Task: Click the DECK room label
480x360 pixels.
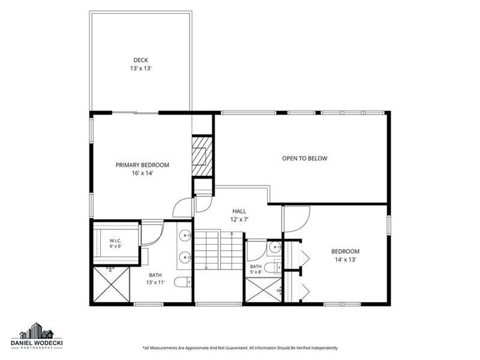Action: pyautogui.click(x=140, y=61)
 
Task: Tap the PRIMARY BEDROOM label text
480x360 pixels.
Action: pyautogui.click(x=142, y=165)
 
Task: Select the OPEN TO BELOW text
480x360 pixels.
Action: pyautogui.click(x=305, y=158)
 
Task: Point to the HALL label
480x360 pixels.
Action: pyautogui.click(x=239, y=211)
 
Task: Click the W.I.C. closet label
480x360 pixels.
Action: pyautogui.click(x=115, y=241)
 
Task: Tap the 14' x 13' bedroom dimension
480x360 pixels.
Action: pyautogui.click(x=346, y=260)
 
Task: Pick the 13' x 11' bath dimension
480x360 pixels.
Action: pyautogui.click(x=155, y=282)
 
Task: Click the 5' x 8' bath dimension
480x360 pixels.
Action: pyautogui.click(x=256, y=272)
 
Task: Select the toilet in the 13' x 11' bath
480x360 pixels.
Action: pyautogui.click(x=183, y=281)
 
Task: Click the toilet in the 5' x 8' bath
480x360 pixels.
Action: pyautogui.click(x=272, y=267)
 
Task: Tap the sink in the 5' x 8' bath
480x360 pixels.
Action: pyautogui.click(x=275, y=246)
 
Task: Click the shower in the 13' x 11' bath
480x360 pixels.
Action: pyautogui.click(x=112, y=284)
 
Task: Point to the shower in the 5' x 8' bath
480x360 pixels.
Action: pyautogui.click(x=263, y=290)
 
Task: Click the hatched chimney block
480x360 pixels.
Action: pyautogui.click(x=202, y=156)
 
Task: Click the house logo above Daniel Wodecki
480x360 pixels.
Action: pyautogui.click(x=37, y=331)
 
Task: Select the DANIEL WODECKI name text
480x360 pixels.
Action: pyautogui.click(x=37, y=343)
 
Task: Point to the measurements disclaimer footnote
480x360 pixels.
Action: pyautogui.click(x=240, y=348)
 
